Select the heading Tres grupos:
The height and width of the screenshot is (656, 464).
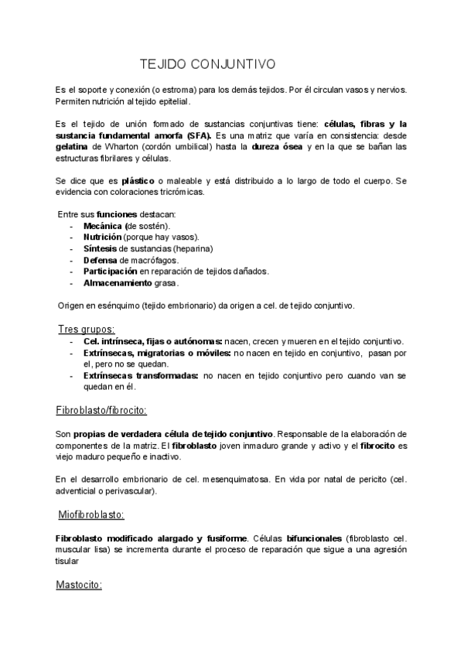coord(87,329)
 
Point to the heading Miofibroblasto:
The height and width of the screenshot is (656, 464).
coord(91,514)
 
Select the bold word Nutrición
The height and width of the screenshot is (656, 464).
coord(102,237)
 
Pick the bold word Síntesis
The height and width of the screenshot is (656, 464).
coord(100,248)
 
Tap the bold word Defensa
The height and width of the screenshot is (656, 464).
coord(101,260)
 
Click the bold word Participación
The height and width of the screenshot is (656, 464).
coord(111,272)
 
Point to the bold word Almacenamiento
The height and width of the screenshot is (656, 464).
coord(118,283)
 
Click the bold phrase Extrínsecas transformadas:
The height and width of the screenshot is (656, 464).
coord(140,375)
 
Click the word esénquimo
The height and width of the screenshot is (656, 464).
coord(119,305)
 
